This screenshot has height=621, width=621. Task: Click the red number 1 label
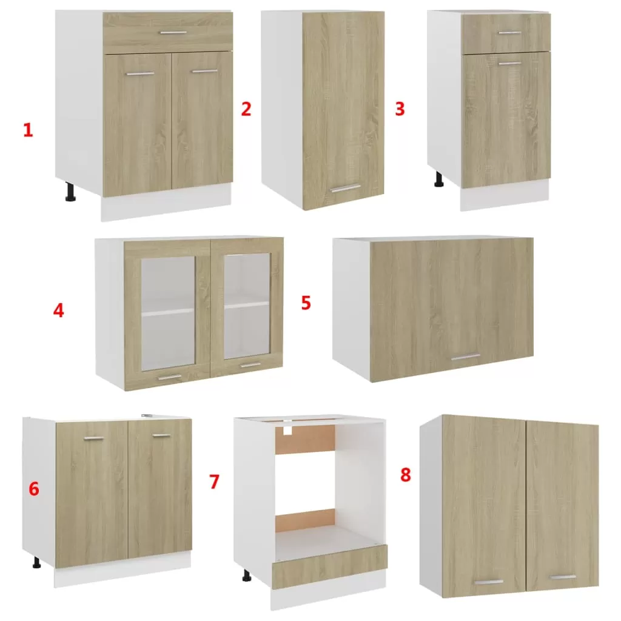tap(28, 130)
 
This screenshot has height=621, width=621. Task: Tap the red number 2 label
tap(246, 109)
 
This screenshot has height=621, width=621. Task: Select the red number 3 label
tap(400, 109)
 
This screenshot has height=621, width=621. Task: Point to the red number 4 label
tap(58, 310)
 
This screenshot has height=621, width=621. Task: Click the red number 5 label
tap(306, 303)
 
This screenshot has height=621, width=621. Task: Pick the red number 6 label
tap(34, 489)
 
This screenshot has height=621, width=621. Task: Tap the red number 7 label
tap(214, 482)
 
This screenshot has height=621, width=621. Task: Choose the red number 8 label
tap(406, 474)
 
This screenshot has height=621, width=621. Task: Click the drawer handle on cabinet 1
tap(173, 33)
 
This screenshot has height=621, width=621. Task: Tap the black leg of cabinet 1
tap(70, 192)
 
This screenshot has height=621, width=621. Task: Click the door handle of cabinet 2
tap(346, 189)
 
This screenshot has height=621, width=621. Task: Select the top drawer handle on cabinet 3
tap(509, 33)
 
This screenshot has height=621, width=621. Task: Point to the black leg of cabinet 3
tap(439, 179)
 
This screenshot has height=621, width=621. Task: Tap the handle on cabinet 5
tap(466, 358)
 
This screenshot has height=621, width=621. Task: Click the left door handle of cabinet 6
tap(94, 438)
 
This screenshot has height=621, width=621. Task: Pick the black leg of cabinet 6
tap(37, 562)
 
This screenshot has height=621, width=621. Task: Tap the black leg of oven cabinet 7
tap(246, 576)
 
